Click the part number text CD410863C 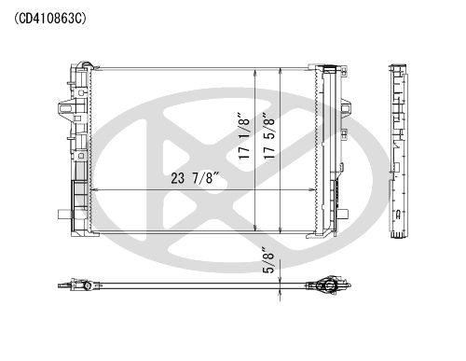(50, 19)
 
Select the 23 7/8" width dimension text (196, 178)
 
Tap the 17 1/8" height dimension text (244, 135)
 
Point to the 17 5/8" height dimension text (269, 135)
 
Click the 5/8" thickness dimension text (269, 260)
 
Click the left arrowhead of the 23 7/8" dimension (94, 189)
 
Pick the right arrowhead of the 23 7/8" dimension (312, 189)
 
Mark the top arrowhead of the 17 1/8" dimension (255, 73)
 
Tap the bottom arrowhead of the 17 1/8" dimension (255, 228)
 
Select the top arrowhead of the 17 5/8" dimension (281, 72)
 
